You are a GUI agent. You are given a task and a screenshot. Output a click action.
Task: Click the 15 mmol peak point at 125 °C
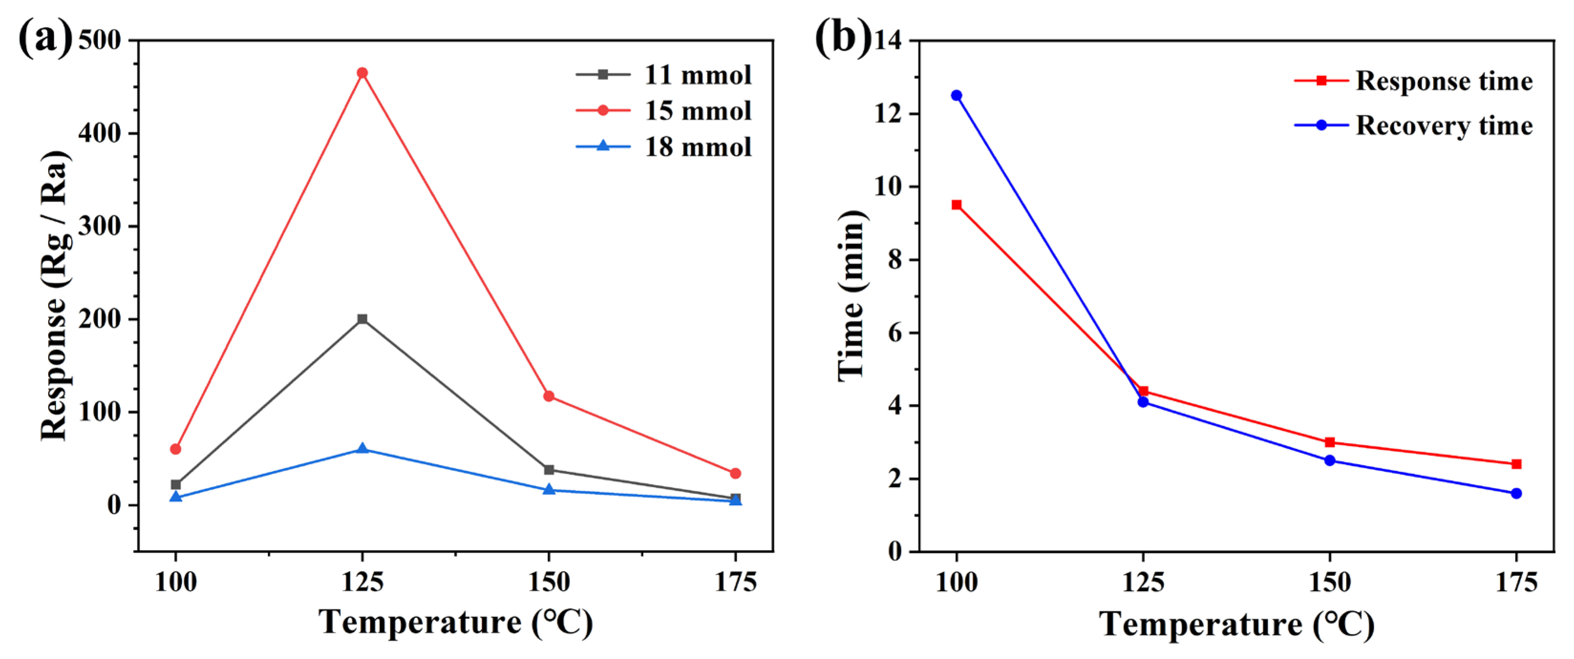pos(363,73)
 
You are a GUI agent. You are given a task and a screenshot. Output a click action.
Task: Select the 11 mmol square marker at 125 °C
pos(363,319)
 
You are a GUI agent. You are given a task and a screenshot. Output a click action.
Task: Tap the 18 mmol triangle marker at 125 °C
pos(363,449)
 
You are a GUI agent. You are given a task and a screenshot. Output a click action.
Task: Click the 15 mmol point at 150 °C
pos(549,396)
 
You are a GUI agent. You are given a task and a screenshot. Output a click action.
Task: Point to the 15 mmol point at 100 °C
pos(176,449)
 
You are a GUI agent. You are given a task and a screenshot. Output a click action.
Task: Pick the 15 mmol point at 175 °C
pos(735,473)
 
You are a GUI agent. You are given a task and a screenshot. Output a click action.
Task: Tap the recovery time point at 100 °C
pos(956,96)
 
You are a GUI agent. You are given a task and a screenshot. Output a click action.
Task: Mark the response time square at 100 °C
pos(956,204)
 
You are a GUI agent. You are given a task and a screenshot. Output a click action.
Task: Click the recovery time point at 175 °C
pos(1516,493)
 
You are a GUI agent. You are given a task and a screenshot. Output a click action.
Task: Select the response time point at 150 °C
pos(1329,442)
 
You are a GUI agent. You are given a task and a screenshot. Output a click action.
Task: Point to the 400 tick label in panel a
pos(99,133)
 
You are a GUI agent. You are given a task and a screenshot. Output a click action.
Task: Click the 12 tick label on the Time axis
pos(888,114)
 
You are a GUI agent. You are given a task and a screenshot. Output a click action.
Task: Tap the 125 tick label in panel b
pos(1143,582)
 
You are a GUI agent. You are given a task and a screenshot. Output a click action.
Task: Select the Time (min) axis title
pos(851,296)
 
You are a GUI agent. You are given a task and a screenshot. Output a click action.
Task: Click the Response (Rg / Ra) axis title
pos(54,296)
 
